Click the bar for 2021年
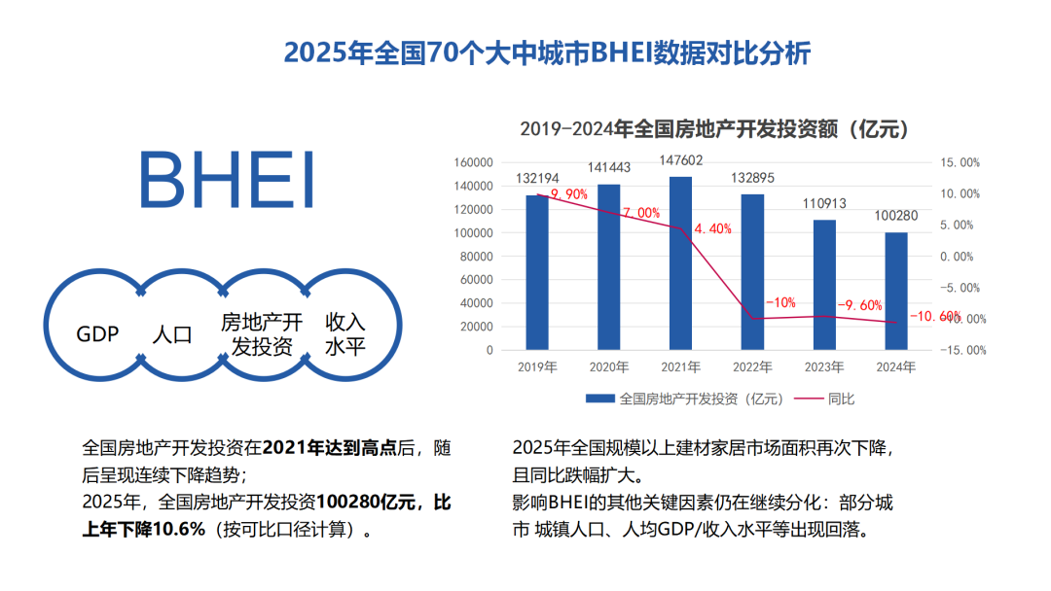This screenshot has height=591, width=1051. point(681,262)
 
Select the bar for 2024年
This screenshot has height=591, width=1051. point(896,291)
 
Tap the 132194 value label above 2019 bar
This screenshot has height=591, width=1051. point(538,179)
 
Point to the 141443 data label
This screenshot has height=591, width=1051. point(609,167)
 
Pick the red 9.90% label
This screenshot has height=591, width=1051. point(569,194)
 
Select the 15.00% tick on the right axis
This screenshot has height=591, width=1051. point(960,162)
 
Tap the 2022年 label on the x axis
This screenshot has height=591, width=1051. point(752,367)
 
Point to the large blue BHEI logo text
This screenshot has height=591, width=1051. point(227,180)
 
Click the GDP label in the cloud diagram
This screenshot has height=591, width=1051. point(97,334)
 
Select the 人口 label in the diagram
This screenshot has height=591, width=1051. point(172,335)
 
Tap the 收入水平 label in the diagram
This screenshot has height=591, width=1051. point(344,333)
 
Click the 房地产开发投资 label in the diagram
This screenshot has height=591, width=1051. point(262,333)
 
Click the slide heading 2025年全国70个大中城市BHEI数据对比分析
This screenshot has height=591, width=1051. point(547,52)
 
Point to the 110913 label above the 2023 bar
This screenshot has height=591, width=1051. point(824,204)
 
